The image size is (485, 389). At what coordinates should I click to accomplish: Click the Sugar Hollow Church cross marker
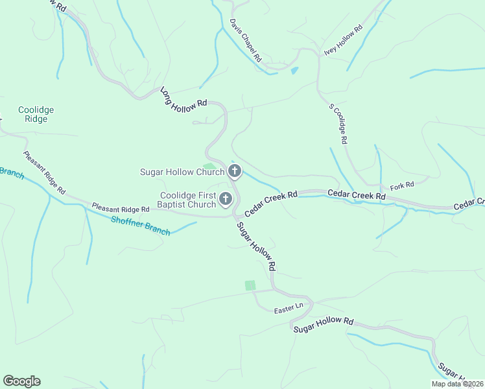click(x=235, y=171)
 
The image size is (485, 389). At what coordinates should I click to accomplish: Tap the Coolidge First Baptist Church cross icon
click(x=226, y=199)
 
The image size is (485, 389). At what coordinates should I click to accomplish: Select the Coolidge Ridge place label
click(x=36, y=114)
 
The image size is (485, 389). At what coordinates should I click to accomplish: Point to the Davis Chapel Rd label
click(x=245, y=40)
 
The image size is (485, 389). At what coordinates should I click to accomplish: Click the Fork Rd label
click(x=402, y=185)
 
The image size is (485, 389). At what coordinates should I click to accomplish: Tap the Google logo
click(x=21, y=381)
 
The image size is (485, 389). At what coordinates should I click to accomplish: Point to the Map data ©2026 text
click(x=456, y=384)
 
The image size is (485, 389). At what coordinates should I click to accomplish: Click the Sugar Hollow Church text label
click(x=182, y=172)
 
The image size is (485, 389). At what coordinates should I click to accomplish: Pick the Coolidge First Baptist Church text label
click(x=188, y=200)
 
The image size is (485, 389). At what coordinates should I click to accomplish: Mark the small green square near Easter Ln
click(x=250, y=285)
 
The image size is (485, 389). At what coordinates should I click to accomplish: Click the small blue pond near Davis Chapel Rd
click(x=294, y=70)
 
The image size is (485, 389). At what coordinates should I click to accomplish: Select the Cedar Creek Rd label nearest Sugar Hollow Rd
click(x=271, y=203)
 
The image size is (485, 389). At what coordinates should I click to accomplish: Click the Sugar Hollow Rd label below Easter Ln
click(x=324, y=325)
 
